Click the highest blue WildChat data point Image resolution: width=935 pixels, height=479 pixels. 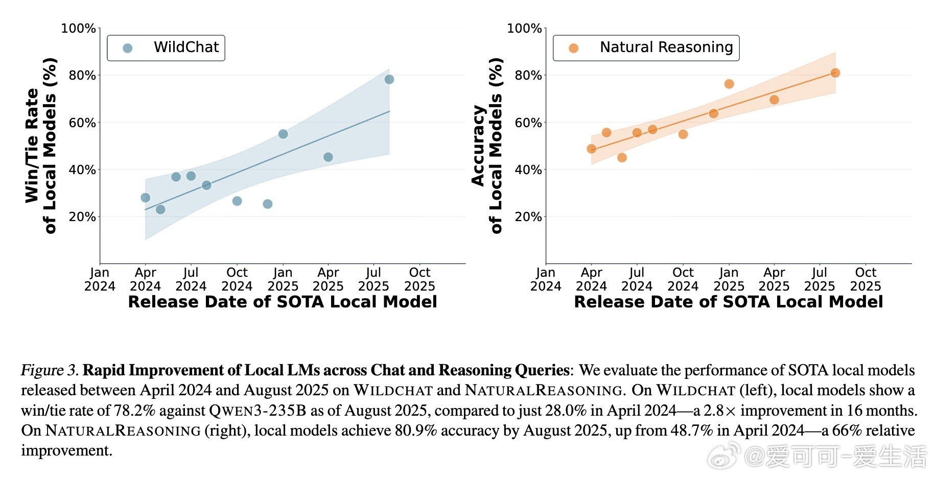click(x=389, y=79)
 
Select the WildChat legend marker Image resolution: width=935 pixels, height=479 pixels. click(x=128, y=48)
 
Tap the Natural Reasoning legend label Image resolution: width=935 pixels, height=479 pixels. click(x=666, y=47)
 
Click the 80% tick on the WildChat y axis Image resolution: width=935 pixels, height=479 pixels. click(x=82, y=76)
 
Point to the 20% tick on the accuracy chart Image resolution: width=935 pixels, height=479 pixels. click(x=528, y=217)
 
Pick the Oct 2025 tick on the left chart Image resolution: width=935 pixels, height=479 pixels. click(x=419, y=279)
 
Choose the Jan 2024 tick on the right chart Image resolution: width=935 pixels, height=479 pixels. click(x=546, y=279)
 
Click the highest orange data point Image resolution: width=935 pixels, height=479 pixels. click(x=835, y=73)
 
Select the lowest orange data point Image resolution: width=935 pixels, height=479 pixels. click(x=622, y=157)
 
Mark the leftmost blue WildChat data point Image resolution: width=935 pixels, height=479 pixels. click(x=145, y=198)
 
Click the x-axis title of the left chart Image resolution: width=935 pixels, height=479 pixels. click(x=282, y=302)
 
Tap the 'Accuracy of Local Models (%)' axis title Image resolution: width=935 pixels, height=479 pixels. click(x=486, y=146)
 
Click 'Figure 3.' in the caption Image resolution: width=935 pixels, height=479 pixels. click(x=50, y=370)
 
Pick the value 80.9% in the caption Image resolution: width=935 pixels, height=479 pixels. click(x=416, y=430)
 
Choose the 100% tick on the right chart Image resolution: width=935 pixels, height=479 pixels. click(x=524, y=29)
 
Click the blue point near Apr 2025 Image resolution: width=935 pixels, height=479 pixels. click(x=328, y=157)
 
